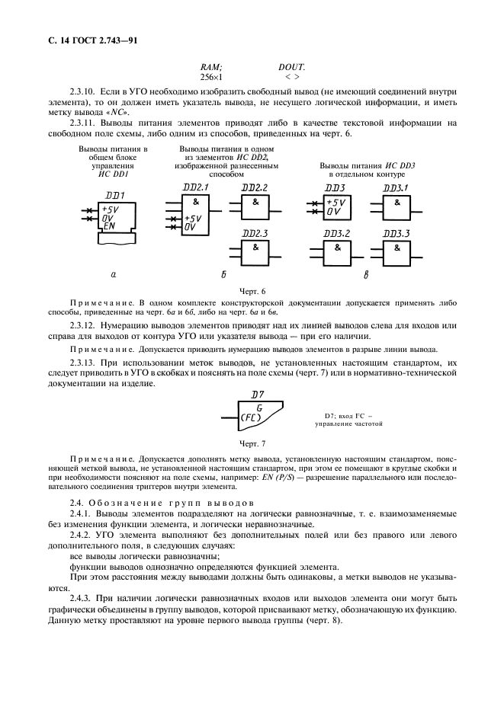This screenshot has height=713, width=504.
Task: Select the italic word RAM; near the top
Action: click(x=211, y=67)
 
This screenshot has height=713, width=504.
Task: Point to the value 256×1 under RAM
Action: click(x=210, y=77)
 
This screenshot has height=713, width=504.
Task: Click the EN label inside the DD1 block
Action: click(x=109, y=226)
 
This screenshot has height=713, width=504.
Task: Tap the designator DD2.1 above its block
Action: click(x=195, y=188)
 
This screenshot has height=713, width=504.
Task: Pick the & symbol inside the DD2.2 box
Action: click(x=255, y=203)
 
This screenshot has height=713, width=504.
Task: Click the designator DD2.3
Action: click(x=255, y=233)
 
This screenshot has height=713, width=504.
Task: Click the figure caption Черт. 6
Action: click(x=251, y=291)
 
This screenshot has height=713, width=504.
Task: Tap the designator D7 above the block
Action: click(x=258, y=395)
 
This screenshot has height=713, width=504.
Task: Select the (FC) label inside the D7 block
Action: click(x=251, y=418)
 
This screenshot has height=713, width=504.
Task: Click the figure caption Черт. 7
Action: click(x=251, y=443)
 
